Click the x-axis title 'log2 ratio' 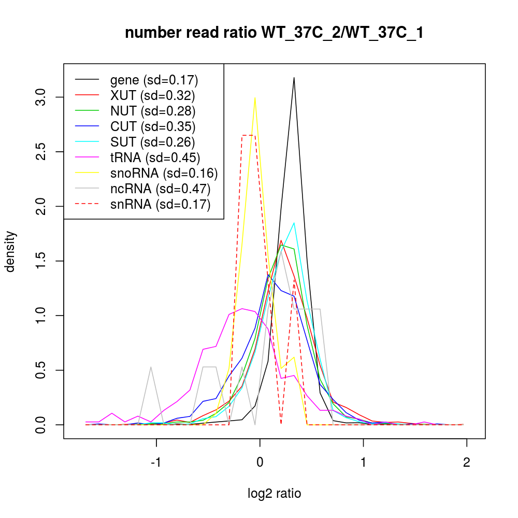(x=275, y=494)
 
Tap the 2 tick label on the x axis (x=467, y=463)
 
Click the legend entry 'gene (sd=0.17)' (x=154, y=80)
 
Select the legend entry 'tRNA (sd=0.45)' (x=155, y=157)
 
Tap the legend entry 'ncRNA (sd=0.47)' (x=160, y=189)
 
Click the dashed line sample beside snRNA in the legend (x=87, y=205)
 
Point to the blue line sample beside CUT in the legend (x=87, y=126)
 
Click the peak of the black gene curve (x=294, y=78)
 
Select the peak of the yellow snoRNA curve (x=255, y=98)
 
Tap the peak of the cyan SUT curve (x=294, y=223)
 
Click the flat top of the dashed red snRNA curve (x=248, y=135)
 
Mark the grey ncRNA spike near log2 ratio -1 (x=151, y=367)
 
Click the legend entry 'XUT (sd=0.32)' (x=152, y=95)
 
